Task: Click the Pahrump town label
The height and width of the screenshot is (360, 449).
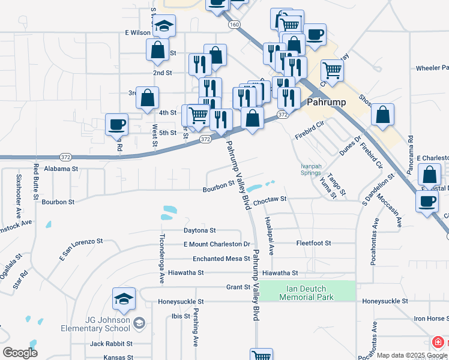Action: click(326, 102)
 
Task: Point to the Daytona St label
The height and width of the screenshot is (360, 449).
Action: click(199, 230)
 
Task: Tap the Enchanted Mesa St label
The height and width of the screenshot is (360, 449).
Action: click(221, 259)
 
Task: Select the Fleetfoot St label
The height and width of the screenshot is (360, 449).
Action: click(313, 244)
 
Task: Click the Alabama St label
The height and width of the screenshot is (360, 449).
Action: click(61, 169)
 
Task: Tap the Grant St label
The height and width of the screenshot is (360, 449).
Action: click(238, 287)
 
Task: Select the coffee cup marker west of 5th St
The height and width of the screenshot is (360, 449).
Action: click(116, 125)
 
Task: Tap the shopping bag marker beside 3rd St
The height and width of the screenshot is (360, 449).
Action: click(147, 98)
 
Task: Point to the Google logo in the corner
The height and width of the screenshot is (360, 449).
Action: click(20, 353)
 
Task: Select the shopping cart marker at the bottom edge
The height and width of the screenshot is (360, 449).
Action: click(261, 355)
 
